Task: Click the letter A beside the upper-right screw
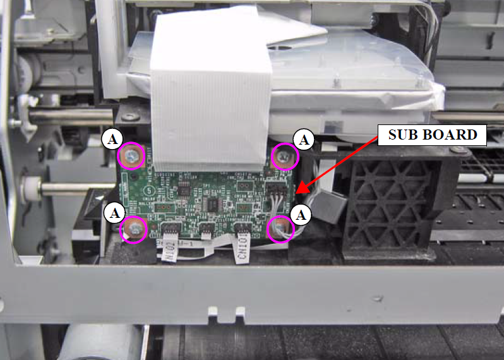(304, 140)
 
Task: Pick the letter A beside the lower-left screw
(114, 213)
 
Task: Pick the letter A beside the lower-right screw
(303, 215)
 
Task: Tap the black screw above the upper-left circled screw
(130, 117)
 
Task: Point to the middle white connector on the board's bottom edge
(206, 229)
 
